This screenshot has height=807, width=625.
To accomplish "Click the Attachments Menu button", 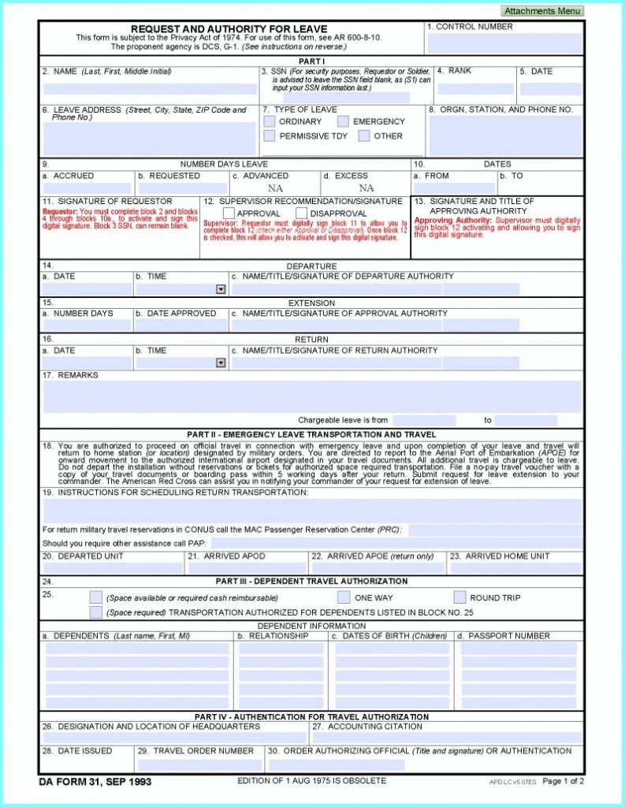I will click(542, 11).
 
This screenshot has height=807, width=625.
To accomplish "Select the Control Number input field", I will click(504, 43).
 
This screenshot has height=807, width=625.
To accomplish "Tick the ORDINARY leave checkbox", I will click(270, 121).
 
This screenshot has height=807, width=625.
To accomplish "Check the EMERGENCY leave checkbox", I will click(343, 121).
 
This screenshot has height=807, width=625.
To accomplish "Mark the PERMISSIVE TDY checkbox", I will click(270, 136).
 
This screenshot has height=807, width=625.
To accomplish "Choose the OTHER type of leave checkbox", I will click(364, 136).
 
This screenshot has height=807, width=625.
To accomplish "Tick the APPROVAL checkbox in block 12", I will click(229, 213).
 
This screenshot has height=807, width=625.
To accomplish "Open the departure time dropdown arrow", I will click(221, 289).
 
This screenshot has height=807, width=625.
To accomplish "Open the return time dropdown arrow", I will click(221, 363).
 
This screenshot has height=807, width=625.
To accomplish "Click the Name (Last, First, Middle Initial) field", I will click(149, 89).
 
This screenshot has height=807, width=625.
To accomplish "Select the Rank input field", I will click(475, 89).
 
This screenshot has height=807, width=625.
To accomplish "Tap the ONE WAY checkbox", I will click(344, 597).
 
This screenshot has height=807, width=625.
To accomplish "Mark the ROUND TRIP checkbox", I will click(459, 597).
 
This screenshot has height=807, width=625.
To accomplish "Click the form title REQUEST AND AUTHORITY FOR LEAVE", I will click(229, 29).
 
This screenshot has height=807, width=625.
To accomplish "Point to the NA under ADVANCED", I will click(275, 188).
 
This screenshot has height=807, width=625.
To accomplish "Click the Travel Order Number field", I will click(199, 764).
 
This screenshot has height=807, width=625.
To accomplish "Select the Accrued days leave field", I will click(87, 188).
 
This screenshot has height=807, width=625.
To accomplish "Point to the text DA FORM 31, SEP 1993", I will click(95, 782).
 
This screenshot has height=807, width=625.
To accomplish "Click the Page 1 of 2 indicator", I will click(563, 781).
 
